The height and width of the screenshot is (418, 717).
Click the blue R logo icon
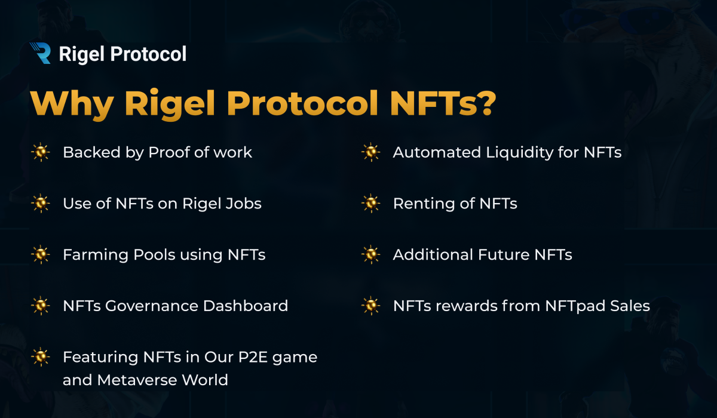pyautogui.click(x=41, y=53)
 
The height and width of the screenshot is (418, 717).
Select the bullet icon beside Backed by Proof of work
pyautogui.click(x=41, y=152)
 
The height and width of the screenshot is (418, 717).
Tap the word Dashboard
pyautogui.click(x=246, y=306)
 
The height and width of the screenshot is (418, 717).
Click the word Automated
pyautogui.click(x=437, y=152)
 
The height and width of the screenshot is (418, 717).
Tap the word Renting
pyautogui.click(x=424, y=204)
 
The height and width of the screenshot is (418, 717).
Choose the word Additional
pyautogui.click(x=433, y=254)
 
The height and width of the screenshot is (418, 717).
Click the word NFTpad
pyautogui.click(x=575, y=306)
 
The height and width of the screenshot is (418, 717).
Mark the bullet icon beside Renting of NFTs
pyautogui.click(x=371, y=203)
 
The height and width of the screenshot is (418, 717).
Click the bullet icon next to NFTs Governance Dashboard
pyautogui.click(x=41, y=305)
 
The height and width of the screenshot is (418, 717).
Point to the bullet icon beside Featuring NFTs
pyautogui.click(x=41, y=356)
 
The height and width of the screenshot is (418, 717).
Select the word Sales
pyautogui.click(x=630, y=306)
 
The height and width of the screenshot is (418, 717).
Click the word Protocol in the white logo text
pyautogui.click(x=148, y=54)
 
